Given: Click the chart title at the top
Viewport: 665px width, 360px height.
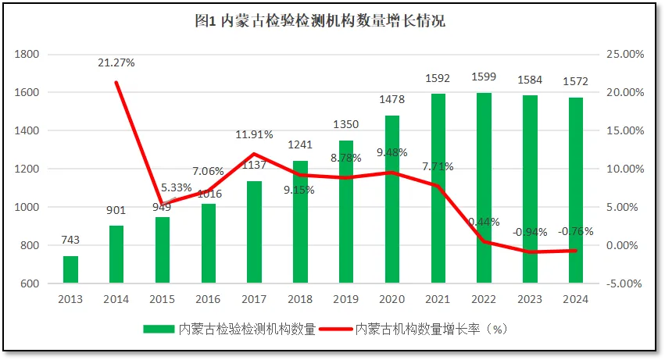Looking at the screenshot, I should [320, 21].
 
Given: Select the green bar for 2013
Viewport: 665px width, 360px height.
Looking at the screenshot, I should [70, 269].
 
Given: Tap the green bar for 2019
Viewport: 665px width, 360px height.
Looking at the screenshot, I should [346, 211].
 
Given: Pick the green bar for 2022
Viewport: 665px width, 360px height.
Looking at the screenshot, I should [484, 187].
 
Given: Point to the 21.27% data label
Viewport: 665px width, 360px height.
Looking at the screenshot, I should [116, 63].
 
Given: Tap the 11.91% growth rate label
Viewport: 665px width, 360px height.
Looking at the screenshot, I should [254, 135].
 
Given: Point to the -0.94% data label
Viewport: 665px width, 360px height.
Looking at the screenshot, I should [531, 232].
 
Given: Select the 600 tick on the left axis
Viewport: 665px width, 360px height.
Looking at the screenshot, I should [29, 283].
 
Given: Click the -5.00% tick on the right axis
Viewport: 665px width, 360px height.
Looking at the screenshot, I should [624, 283].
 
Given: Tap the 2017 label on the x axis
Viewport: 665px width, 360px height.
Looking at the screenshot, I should [254, 299].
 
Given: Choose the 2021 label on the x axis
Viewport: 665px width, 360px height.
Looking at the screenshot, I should [438, 299].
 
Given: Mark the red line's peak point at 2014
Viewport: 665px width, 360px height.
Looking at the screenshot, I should [116, 82].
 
